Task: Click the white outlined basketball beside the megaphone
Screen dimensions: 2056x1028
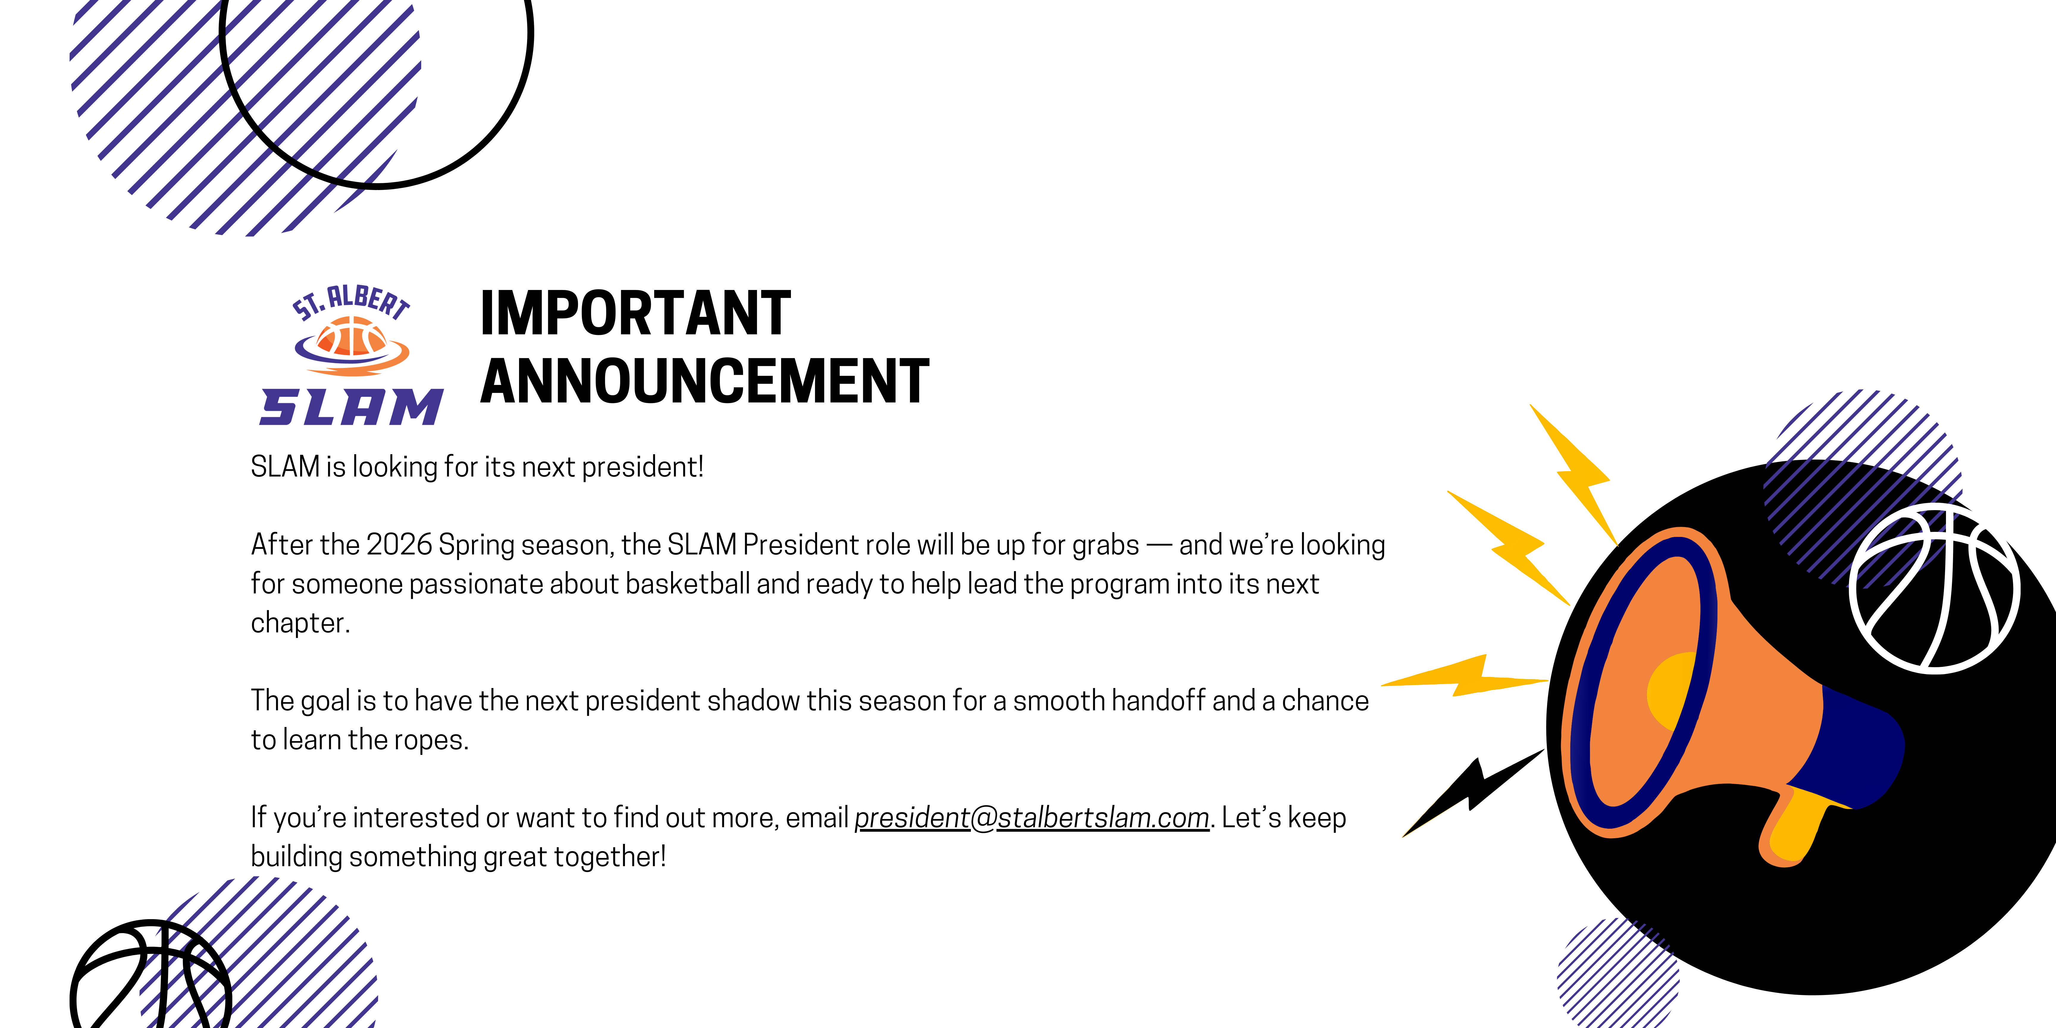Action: point(1934,588)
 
